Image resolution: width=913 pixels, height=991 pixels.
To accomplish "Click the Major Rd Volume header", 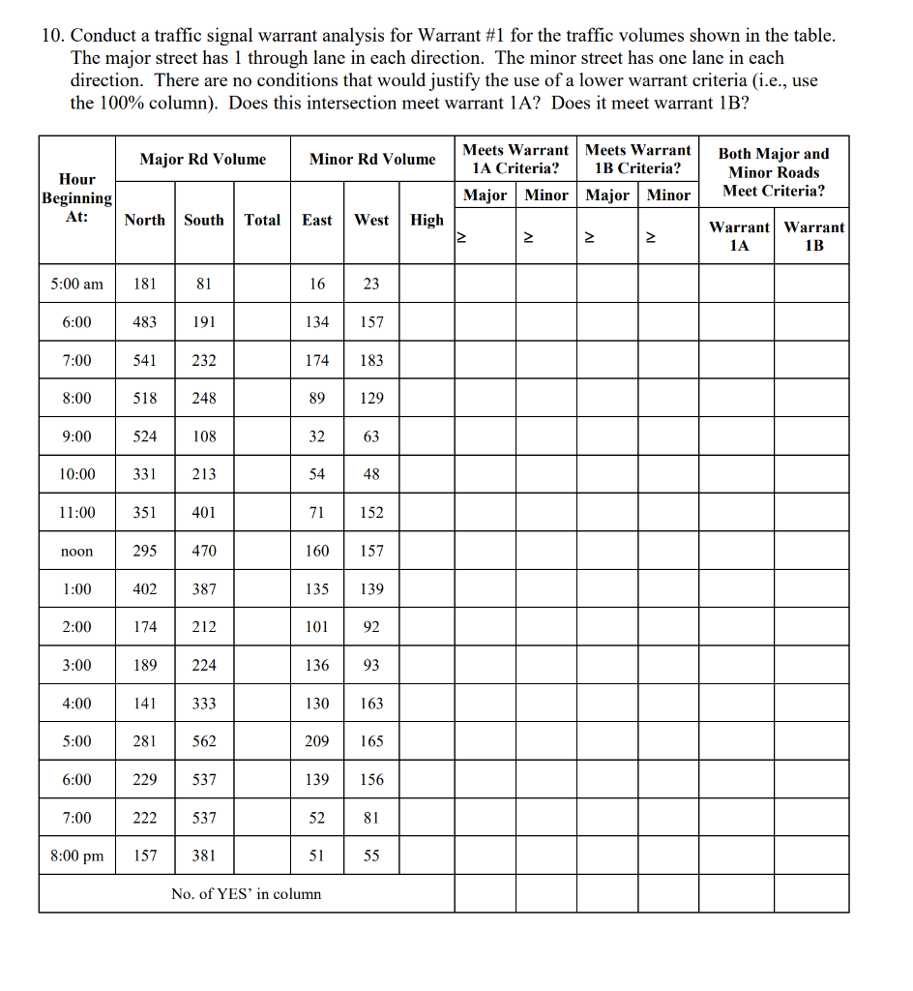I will coord(203,159).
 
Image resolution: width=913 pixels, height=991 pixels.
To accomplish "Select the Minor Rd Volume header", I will coord(372,159).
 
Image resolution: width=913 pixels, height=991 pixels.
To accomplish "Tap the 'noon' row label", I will coord(77,551).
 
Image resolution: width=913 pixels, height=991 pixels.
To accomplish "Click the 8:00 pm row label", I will coord(77,856).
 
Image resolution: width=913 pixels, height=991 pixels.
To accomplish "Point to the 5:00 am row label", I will coord(77,284).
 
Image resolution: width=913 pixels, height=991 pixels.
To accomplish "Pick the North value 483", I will coord(145,321).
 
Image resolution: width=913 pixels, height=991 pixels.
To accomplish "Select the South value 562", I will coord(204,741).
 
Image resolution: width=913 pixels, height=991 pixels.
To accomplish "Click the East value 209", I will coord(317,741).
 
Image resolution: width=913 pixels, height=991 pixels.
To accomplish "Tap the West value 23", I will coord(371,284).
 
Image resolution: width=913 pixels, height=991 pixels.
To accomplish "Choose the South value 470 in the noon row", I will coord(204,551).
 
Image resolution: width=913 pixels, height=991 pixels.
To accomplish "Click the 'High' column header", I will coord(427,220).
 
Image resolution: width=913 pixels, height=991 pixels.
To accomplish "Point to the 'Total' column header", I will coord(262,220).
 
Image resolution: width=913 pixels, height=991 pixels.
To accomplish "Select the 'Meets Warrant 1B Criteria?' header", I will coord(638,159).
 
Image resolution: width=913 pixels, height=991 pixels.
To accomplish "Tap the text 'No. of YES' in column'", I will coord(246,893).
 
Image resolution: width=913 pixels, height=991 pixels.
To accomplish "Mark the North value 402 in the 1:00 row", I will coord(145,588).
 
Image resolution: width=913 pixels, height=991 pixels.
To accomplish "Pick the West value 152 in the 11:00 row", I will coord(371,512).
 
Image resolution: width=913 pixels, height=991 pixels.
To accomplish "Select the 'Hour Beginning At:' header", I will coord(77,198).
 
